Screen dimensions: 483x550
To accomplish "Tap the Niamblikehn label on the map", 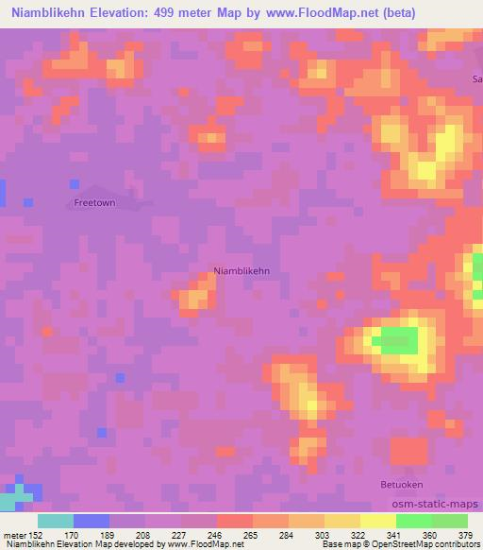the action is pyautogui.click(x=241, y=271).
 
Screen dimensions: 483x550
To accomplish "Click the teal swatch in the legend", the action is pyautogui.click(x=56, y=521).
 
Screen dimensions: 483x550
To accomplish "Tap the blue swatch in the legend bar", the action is pyautogui.click(x=92, y=521).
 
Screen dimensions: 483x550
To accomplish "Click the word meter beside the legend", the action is pyautogui.click(x=14, y=534).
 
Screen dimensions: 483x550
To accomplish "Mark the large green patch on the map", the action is pyautogui.click(x=397, y=340).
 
